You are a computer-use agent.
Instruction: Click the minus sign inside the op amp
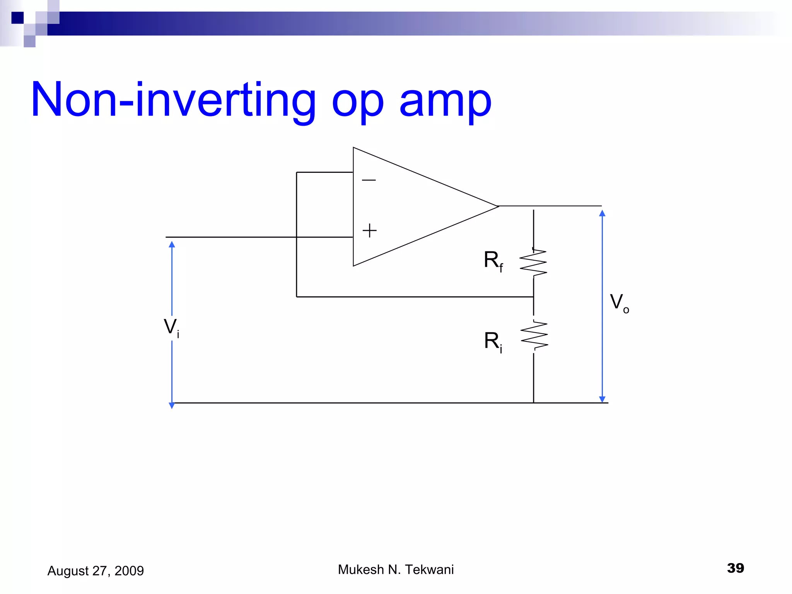pos(369,180)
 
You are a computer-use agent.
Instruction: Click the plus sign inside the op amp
pos(369,230)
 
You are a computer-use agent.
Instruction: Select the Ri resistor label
pos(493,341)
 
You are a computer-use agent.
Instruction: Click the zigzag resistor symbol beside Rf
pos(533,263)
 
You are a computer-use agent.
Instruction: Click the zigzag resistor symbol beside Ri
pos(534,335)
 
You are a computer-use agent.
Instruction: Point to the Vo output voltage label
pos(619,303)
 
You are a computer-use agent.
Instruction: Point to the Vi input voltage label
pos(171,328)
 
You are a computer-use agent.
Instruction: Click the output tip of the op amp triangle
pos(498,207)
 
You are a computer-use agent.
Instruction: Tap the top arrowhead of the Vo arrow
pos(602,213)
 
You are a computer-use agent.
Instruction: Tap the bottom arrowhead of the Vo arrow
pos(602,399)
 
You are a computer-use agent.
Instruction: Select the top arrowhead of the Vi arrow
pos(172,244)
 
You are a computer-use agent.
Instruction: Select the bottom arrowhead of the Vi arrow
pos(172,405)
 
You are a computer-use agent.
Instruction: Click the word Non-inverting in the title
pos(173,99)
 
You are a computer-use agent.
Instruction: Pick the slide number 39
pos(735,568)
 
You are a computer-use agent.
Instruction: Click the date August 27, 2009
pos(96,571)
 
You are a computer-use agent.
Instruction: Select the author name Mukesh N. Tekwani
pos(396,570)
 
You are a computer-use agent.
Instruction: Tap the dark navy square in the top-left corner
pos(17,18)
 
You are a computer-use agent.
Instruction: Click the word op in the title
pos(358,102)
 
